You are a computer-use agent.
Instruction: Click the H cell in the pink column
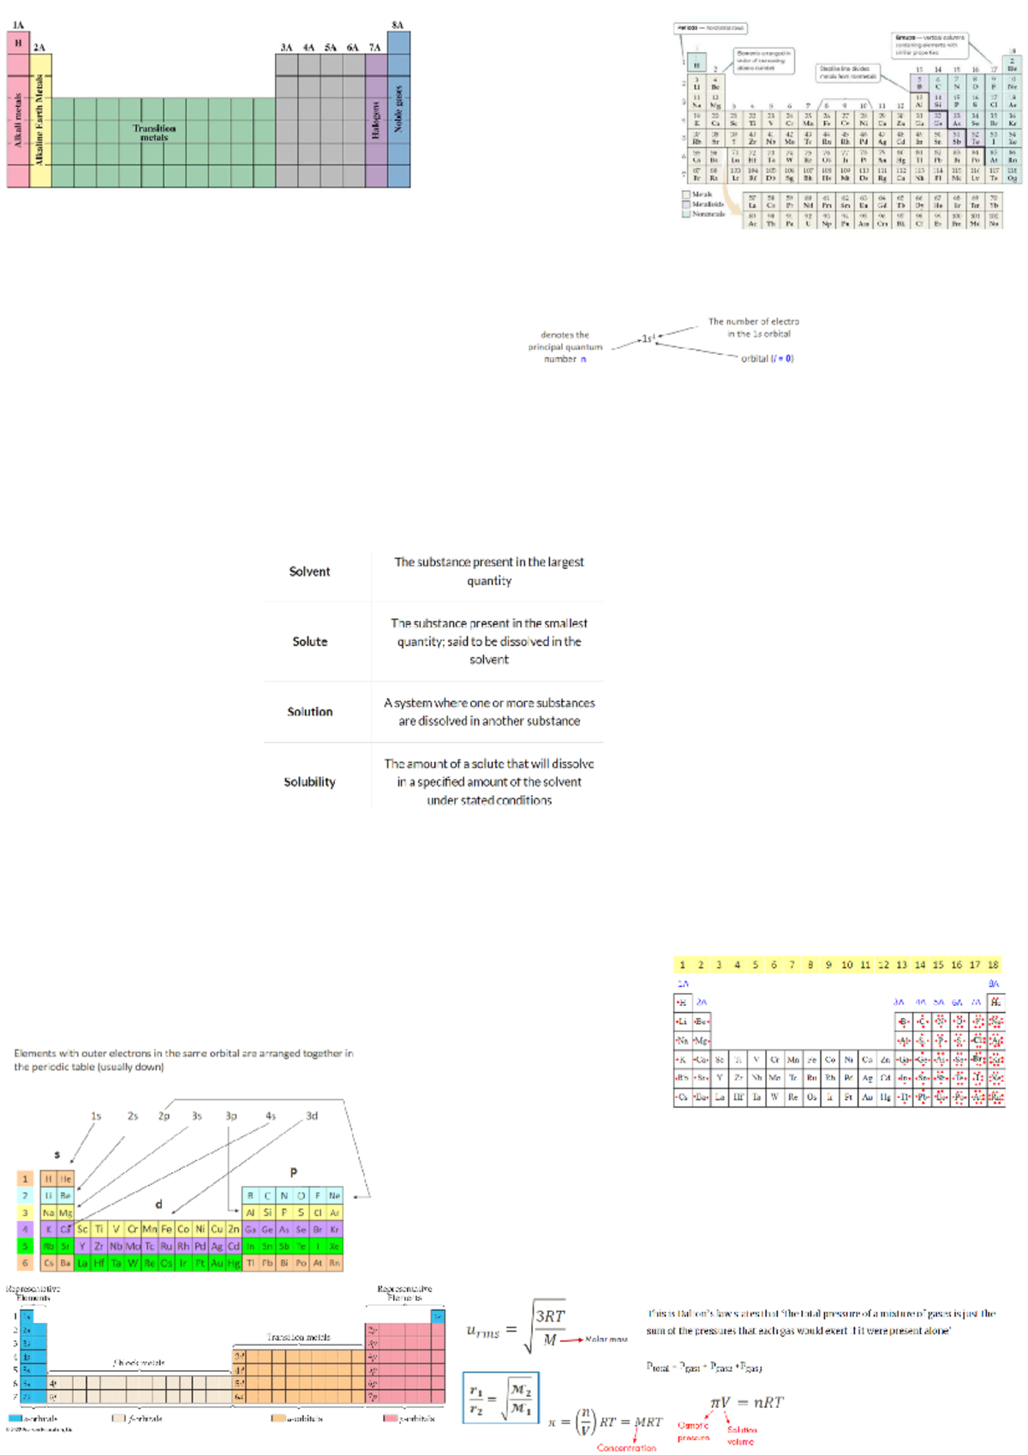pyautogui.click(x=18, y=43)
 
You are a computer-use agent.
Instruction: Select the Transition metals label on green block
pyautogui.click(x=154, y=132)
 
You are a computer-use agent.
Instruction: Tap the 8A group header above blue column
pyautogui.click(x=397, y=25)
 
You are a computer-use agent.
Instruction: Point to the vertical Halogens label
pyautogui.click(x=375, y=119)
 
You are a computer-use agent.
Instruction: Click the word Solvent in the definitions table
pyautogui.click(x=309, y=572)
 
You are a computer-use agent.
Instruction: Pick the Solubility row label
pyautogui.click(x=309, y=781)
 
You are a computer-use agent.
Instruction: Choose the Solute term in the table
pyautogui.click(x=309, y=641)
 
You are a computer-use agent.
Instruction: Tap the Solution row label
pyautogui.click(x=309, y=711)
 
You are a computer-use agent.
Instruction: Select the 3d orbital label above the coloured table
pyautogui.click(x=312, y=1116)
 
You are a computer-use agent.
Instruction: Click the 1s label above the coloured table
pyautogui.click(x=96, y=1116)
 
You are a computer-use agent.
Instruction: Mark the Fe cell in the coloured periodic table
pyautogui.click(x=166, y=1229)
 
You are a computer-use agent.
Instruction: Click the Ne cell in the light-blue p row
pyautogui.click(x=334, y=1195)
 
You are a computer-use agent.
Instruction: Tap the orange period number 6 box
pyautogui.click(x=25, y=1262)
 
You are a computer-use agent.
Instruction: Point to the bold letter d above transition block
pyautogui.click(x=158, y=1204)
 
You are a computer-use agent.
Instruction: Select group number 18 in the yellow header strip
pyautogui.click(x=993, y=965)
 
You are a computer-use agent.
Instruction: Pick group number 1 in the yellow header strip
pyautogui.click(x=683, y=965)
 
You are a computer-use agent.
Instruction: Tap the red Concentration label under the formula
pyautogui.click(x=626, y=1447)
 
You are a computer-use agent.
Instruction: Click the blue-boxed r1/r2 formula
pyautogui.click(x=500, y=1398)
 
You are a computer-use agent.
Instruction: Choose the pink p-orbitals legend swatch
pyautogui.click(x=389, y=1418)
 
